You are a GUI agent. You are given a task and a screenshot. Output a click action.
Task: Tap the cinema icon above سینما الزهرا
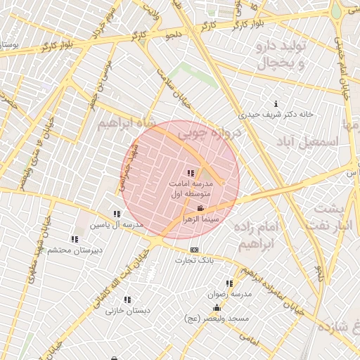point(201,208)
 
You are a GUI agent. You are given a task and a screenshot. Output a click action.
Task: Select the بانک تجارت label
point(194,259)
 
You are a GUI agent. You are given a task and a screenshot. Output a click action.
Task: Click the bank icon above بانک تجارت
point(194,250)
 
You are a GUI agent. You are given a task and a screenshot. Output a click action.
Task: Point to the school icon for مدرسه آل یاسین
point(117,214)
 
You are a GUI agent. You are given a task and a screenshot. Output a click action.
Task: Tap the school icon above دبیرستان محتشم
point(75,239)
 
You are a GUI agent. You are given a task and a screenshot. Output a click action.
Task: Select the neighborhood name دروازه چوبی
point(209,132)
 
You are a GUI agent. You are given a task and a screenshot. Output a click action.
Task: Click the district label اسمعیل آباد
point(309,141)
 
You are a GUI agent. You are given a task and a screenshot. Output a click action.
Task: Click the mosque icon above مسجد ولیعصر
point(217,308)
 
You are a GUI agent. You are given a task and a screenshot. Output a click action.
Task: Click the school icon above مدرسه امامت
point(190,172)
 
